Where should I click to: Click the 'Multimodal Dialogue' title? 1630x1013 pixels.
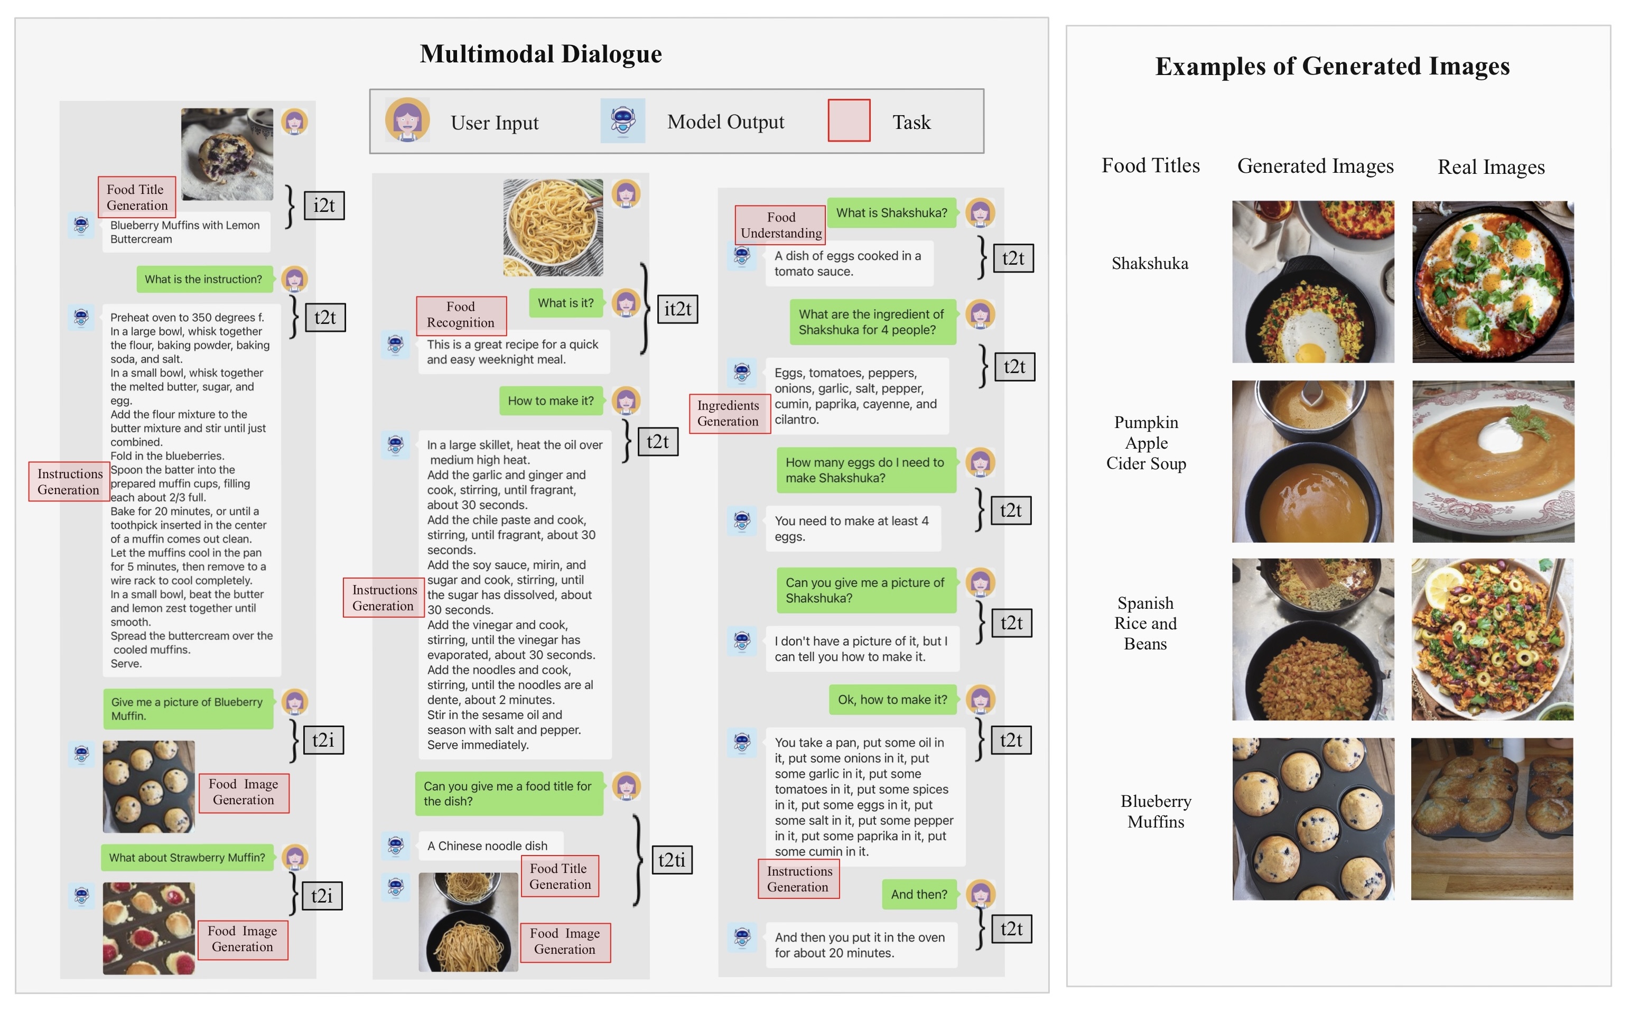541,53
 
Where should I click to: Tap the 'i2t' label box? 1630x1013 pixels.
324,206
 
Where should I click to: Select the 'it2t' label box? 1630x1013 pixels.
677,309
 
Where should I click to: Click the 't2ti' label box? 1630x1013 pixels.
672,860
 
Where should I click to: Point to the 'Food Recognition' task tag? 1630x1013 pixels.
461,315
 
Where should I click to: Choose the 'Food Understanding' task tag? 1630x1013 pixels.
780,225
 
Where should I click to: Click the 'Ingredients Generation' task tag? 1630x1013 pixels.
729,413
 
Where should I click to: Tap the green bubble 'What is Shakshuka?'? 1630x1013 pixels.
891,213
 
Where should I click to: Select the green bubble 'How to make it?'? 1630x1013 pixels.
551,401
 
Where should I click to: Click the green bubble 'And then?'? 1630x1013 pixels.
919,895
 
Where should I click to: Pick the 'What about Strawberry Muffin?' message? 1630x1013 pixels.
187,858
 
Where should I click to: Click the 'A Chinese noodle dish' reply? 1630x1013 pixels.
488,846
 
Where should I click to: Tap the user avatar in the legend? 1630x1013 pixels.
407,120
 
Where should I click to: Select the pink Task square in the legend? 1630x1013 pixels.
849,120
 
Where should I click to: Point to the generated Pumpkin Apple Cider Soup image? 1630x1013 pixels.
1312,462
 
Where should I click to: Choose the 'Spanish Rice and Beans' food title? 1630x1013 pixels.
1145,623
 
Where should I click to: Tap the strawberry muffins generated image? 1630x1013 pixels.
148,928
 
